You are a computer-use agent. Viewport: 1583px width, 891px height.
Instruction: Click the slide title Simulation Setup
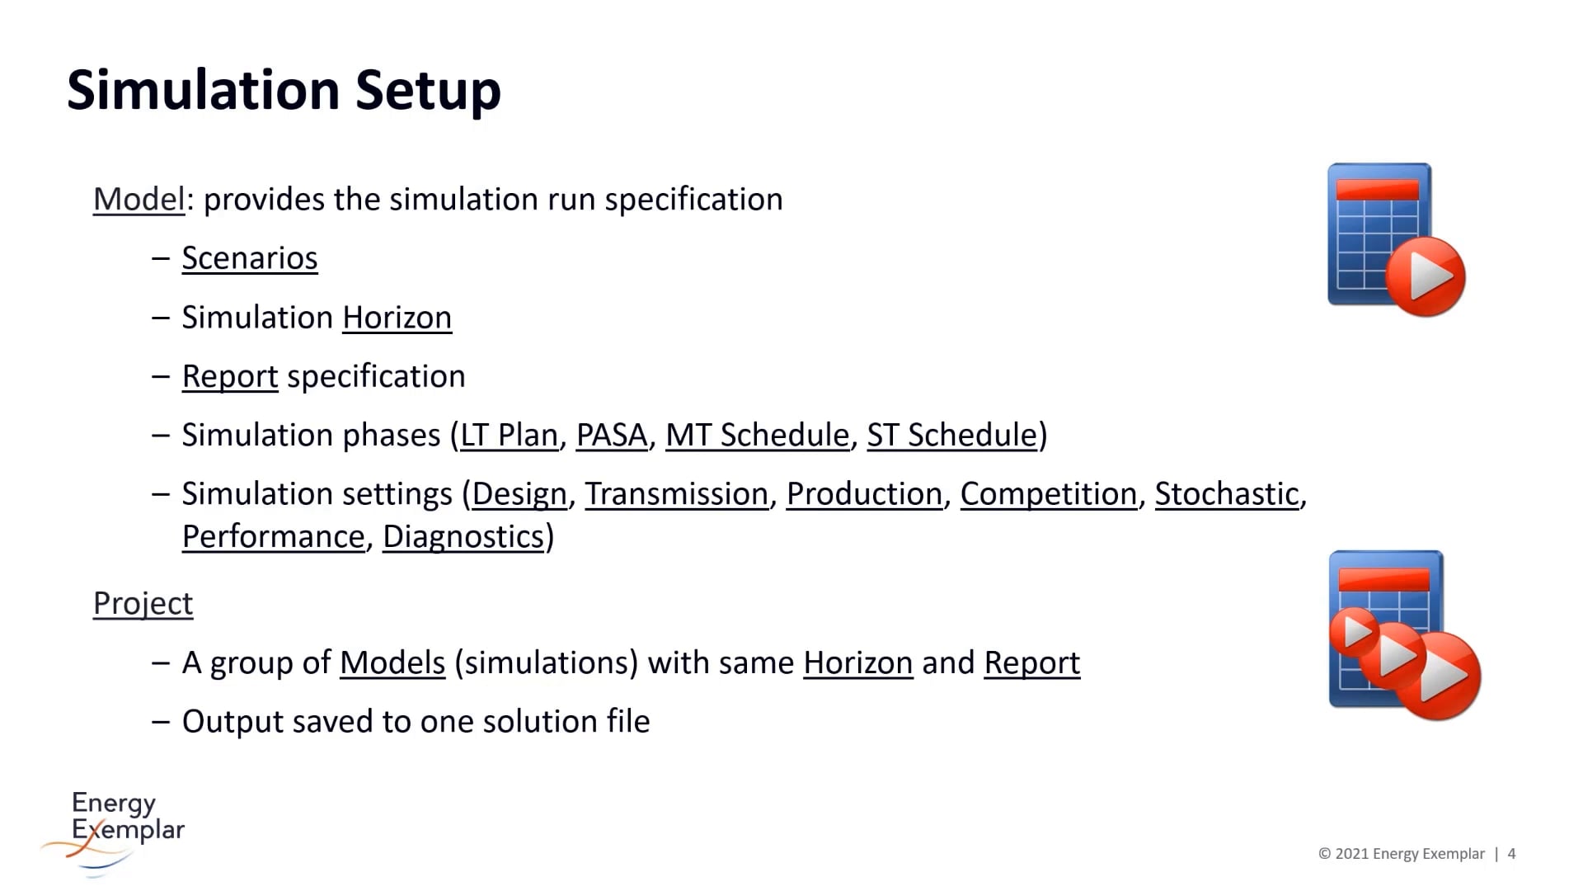(x=284, y=90)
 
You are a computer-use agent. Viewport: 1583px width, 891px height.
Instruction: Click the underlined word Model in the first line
(x=139, y=200)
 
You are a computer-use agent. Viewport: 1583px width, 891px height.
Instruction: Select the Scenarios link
(x=249, y=258)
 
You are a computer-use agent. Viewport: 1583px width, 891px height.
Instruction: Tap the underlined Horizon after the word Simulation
(x=397, y=318)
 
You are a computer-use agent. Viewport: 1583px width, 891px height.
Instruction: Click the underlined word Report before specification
(x=229, y=376)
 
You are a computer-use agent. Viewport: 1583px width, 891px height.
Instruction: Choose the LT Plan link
(x=509, y=435)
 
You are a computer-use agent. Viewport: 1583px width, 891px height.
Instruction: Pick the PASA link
(x=611, y=435)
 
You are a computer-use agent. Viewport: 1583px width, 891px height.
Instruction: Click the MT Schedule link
(x=756, y=435)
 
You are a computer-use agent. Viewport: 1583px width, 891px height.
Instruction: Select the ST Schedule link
(x=951, y=435)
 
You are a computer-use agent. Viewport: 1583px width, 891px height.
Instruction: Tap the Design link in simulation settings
(x=519, y=494)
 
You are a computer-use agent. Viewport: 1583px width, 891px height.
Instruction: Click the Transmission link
(x=676, y=494)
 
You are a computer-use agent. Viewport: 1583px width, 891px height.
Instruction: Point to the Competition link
(x=1048, y=494)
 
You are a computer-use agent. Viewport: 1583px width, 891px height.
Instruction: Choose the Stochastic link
(x=1226, y=494)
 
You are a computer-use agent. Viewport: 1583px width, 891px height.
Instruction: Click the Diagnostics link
(x=463, y=537)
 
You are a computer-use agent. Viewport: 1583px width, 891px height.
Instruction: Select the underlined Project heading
(x=143, y=604)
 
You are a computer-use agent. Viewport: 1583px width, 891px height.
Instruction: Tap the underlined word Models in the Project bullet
(x=392, y=663)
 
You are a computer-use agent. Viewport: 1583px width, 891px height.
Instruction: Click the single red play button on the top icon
(x=1425, y=276)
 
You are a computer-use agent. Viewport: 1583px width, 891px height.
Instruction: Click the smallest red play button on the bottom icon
(x=1353, y=632)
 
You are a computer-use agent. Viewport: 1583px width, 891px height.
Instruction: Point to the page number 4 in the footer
(x=1511, y=854)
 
